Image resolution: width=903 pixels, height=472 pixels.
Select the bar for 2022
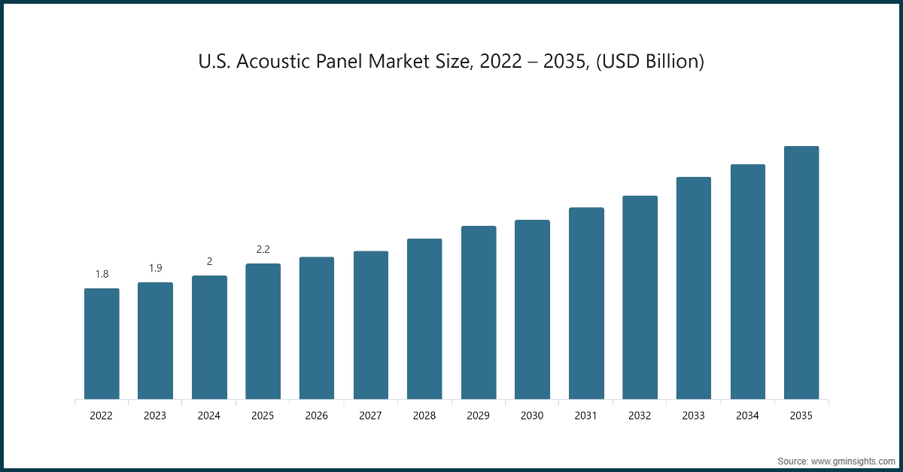point(102,343)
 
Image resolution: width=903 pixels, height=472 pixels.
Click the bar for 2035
point(801,273)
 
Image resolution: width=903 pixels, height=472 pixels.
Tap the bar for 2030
point(532,309)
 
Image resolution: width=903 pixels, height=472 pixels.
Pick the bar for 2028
point(424,318)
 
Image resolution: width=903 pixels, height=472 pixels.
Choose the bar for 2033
point(694,288)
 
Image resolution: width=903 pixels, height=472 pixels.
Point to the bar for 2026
point(317,327)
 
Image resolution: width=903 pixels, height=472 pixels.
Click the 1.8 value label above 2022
point(102,274)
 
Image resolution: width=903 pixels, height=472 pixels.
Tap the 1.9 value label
point(155,268)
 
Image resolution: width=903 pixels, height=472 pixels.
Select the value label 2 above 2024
point(209,261)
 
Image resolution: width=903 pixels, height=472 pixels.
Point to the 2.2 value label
point(263,249)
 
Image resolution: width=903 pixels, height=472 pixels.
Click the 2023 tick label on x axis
point(155,415)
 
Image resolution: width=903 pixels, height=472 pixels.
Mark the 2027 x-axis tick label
point(370,415)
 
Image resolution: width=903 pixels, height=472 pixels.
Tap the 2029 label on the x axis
point(478,415)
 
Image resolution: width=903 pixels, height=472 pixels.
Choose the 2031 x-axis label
point(586,415)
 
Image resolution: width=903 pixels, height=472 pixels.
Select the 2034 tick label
point(747,415)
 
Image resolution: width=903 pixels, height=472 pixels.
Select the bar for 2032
point(640,297)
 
